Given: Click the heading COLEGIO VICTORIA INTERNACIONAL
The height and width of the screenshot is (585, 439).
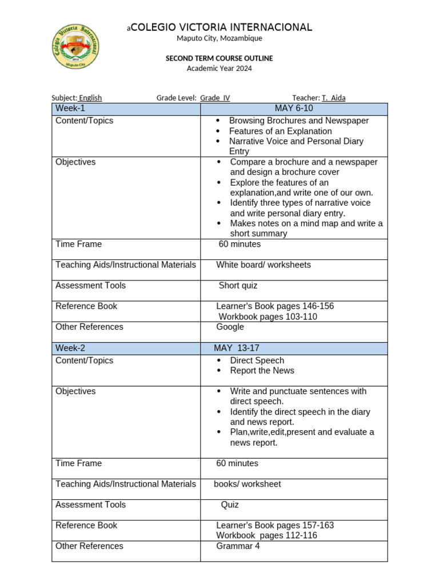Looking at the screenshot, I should coord(221,27).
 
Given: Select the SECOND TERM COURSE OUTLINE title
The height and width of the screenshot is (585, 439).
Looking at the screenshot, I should coord(219,58).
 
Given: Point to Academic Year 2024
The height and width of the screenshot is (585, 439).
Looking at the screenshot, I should coord(219,69).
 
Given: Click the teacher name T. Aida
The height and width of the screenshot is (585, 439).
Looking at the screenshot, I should coord(333,98).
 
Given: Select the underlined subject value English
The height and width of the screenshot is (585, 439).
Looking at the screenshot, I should coord(90,98).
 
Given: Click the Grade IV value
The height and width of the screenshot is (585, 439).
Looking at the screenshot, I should coord(215,98).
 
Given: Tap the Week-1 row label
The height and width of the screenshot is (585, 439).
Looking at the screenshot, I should coord(70,109).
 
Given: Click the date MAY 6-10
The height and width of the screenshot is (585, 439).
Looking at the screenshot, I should coord(294,109).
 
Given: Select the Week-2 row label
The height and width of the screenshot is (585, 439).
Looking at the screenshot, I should coord(70,348).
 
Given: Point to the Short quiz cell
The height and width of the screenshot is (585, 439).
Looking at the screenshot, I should coord(238,286).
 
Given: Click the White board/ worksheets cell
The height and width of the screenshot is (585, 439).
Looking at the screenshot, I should coord(264,265).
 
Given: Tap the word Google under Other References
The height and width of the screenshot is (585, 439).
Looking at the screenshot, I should coord(230,327).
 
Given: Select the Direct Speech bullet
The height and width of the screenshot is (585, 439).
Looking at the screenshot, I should coord(257,360).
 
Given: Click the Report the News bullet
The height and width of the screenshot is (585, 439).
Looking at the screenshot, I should coord(262,371).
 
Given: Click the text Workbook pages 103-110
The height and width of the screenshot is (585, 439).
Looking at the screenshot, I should coord(268,316).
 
